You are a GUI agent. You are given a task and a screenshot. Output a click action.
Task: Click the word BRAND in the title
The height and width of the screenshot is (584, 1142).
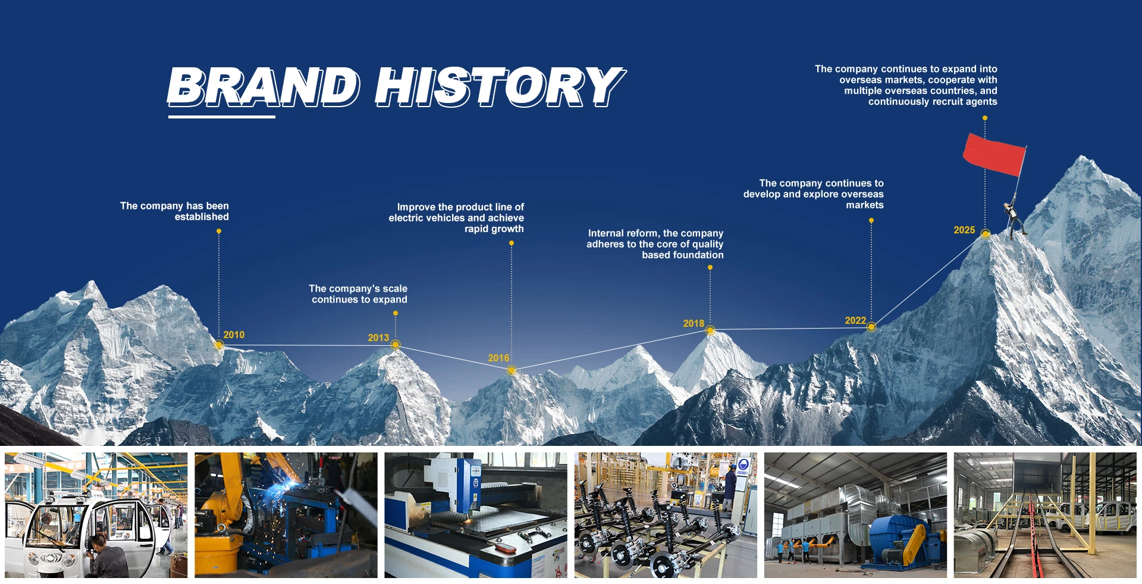[263, 87]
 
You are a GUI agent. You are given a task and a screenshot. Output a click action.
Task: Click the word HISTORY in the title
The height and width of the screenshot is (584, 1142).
[500, 87]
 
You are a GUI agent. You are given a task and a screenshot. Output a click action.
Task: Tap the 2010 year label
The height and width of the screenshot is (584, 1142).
[234, 335]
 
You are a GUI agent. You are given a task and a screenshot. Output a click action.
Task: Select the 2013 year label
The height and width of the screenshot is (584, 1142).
[378, 338]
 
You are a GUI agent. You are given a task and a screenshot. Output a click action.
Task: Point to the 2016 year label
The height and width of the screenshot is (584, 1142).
[498, 358]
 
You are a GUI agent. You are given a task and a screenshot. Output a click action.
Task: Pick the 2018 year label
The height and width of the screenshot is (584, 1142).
[694, 324]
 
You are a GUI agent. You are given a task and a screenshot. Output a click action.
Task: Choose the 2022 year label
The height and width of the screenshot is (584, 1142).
[855, 321]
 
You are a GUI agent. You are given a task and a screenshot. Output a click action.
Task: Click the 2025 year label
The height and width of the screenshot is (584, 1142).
[964, 230]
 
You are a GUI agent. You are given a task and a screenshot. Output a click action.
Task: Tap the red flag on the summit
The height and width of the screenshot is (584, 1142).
[994, 154]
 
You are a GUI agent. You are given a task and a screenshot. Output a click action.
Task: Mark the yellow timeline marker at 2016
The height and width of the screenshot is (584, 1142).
[511, 371]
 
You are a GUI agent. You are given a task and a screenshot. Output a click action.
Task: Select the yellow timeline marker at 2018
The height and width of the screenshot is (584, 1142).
[710, 330]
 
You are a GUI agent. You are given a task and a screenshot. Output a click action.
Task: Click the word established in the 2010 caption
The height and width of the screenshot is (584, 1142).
[202, 217]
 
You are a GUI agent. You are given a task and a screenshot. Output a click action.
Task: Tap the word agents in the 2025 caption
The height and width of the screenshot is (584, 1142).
[978, 102]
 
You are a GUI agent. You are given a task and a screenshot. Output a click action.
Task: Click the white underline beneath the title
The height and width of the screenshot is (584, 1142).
[221, 117]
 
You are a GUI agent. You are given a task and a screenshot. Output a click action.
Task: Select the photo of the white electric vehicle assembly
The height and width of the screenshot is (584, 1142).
[96, 515]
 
